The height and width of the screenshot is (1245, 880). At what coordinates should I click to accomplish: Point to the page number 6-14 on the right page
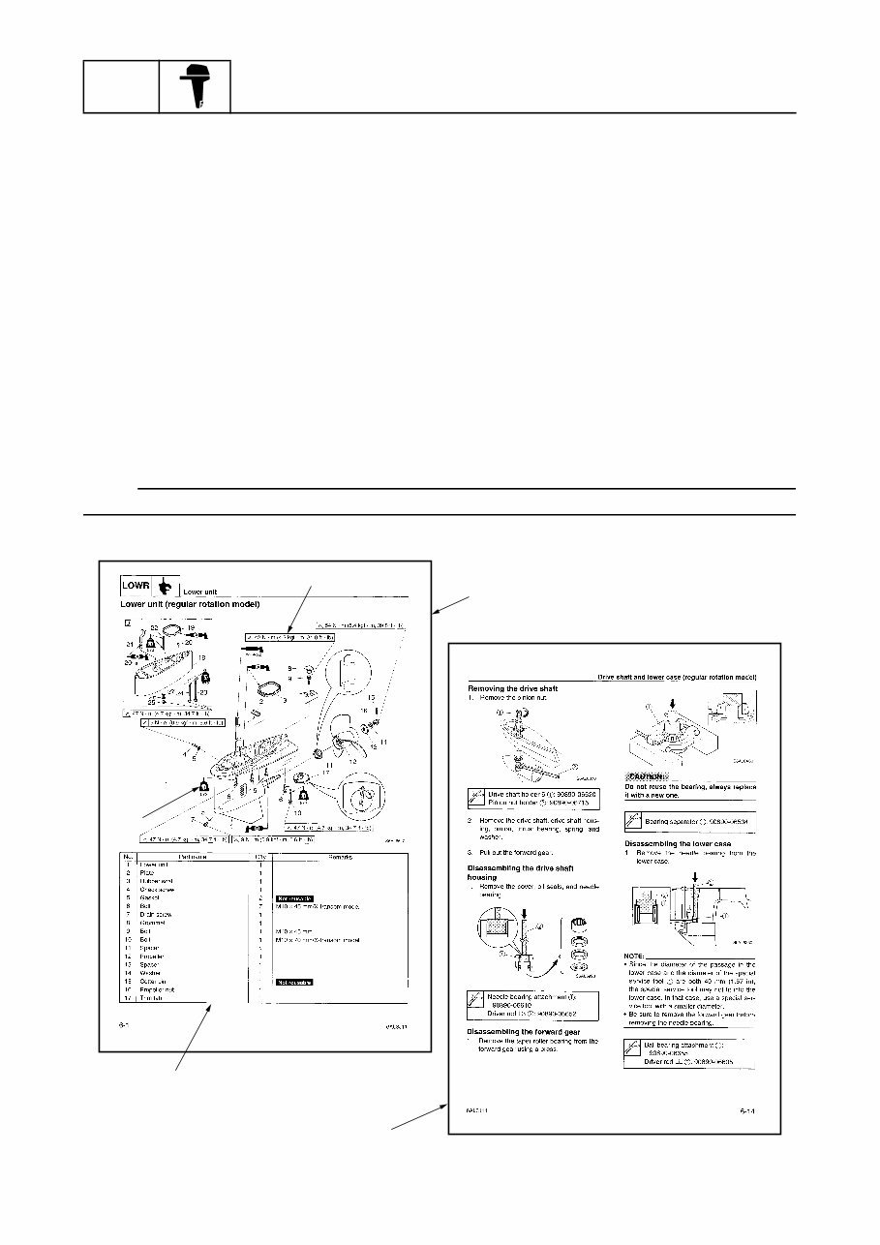click(745, 1111)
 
